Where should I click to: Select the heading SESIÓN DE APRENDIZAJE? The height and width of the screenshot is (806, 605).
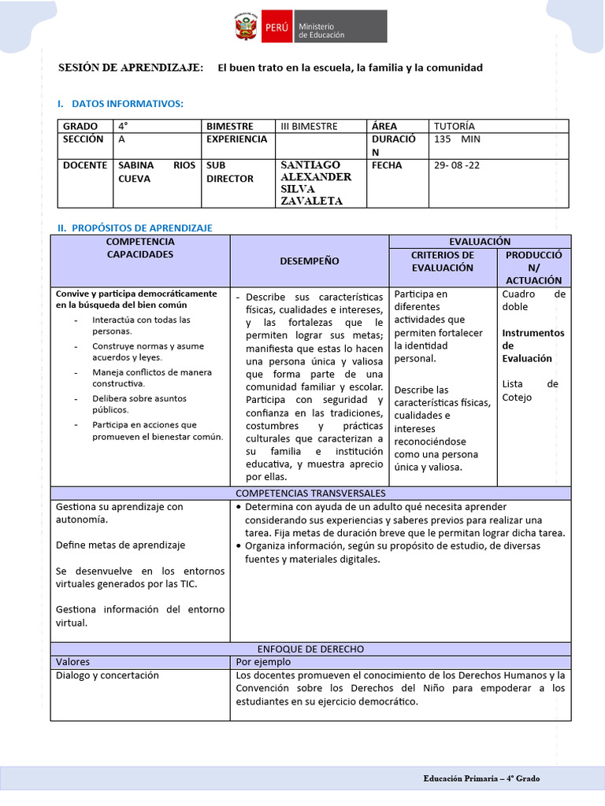point(131,68)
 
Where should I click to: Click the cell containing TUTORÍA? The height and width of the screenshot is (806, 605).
point(455,126)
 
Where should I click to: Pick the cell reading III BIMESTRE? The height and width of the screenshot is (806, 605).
point(309,126)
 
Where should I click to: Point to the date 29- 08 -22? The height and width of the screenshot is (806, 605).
point(456,165)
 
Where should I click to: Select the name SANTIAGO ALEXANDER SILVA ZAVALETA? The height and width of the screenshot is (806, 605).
point(316,183)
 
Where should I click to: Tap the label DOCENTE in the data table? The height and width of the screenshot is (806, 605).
point(85,165)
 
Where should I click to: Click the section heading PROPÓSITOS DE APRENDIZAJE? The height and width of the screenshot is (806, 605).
point(142,227)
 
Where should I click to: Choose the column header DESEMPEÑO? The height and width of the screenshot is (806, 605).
point(310,261)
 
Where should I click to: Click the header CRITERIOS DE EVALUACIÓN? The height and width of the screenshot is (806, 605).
point(443,261)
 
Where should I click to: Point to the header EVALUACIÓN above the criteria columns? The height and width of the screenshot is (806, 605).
point(480,242)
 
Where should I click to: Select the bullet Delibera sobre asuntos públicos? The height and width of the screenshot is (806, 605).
point(140,404)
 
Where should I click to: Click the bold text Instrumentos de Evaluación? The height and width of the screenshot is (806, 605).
point(533,346)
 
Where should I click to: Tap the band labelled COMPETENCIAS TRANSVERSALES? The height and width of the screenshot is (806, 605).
point(310,493)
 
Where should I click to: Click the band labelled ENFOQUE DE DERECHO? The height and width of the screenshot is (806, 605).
point(310,649)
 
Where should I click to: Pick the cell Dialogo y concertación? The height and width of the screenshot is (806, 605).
point(107,675)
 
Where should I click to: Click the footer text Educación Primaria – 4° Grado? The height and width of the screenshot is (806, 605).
point(481,778)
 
